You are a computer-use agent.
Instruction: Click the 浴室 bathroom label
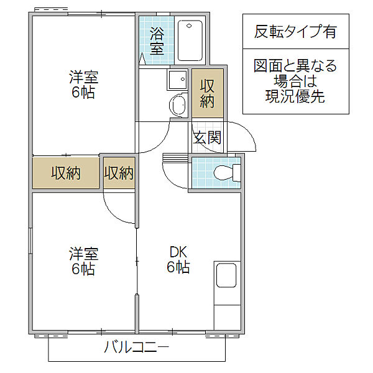[x=157, y=41]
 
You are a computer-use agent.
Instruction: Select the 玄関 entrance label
[x=206, y=138]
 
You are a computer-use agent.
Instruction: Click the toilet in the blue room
[x=222, y=171]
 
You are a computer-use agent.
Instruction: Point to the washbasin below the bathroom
[x=178, y=104]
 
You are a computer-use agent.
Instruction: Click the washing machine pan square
[x=177, y=80]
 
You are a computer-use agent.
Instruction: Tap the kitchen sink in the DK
[x=226, y=275]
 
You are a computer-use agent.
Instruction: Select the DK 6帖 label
[x=178, y=260]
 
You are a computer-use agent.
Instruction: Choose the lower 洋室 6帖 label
[x=83, y=262]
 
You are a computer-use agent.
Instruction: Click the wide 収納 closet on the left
[x=66, y=173]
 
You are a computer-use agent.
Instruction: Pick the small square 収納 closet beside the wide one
[x=119, y=173]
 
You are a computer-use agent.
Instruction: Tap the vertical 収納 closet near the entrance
[x=206, y=93]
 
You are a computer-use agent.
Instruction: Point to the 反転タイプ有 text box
[x=295, y=31]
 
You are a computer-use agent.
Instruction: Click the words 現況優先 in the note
[x=295, y=96]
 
